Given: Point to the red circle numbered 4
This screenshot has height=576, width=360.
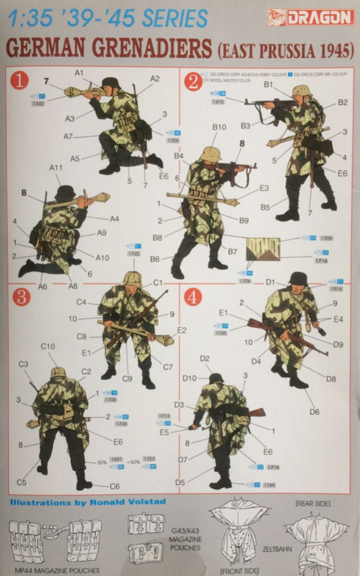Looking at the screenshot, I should pyautogui.click(x=192, y=296).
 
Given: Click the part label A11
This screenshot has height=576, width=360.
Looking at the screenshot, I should pyautogui.click(x=56, y=168).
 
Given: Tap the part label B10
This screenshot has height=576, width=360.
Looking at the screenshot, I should pyautogui.click(x=219, y=128).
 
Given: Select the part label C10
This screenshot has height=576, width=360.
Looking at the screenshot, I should pyautogui.click(x=48, y=346).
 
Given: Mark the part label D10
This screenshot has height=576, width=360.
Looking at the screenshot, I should pyautogui.click(x=189, y=378).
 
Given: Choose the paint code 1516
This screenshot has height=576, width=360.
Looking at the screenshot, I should pyautogui.click(x=336, y=288).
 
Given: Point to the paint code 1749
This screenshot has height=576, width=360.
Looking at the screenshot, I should pyautogui.click(x=269, y=484).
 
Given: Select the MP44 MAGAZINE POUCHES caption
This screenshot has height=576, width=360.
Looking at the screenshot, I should pyautogui.click(x=57, y=570).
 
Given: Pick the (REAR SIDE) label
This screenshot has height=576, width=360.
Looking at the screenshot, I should pyautogui.click(x=313, y=504).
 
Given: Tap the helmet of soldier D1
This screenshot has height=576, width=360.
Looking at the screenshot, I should pyautogui.click(x=298, y=279).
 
